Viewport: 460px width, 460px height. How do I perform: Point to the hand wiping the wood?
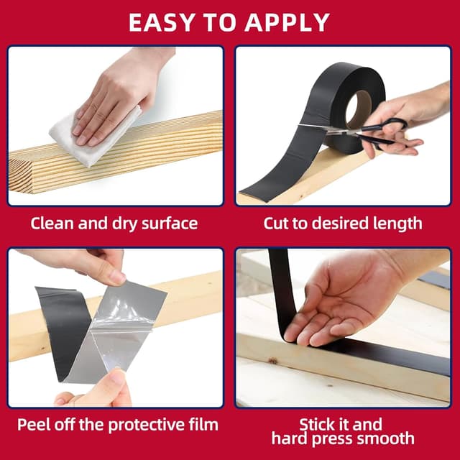point(119,93)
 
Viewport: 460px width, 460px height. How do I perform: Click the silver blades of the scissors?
point(323,127)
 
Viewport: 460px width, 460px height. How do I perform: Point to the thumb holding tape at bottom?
point(108,388)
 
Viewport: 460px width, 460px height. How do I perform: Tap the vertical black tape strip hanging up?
point(282,287)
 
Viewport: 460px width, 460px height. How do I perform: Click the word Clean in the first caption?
point(52,223)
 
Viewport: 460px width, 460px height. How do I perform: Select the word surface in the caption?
point(167,223)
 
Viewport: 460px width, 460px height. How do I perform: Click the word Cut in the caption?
point(277,223)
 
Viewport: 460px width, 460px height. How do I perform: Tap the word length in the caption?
point(398,223)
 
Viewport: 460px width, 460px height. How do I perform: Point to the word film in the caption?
point(202,423)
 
